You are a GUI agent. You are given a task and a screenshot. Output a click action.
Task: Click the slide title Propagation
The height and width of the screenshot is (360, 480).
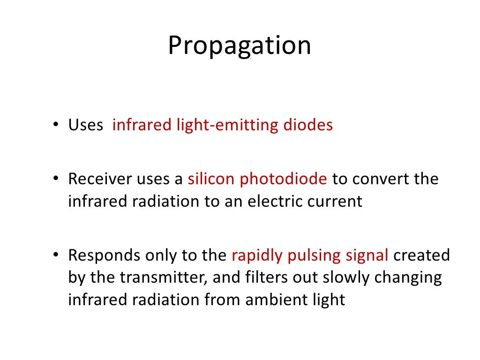point(240,46)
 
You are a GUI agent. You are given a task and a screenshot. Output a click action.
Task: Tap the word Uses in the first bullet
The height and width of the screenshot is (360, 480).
point(86,126)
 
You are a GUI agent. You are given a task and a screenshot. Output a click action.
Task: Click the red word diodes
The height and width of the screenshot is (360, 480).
point(308,126)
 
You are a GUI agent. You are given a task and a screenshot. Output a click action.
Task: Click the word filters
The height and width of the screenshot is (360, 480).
point(262,277)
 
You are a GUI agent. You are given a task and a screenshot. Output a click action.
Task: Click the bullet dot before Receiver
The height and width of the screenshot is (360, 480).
point(55,179)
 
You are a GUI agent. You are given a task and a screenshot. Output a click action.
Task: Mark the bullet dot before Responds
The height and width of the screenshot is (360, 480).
point(55,256)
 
